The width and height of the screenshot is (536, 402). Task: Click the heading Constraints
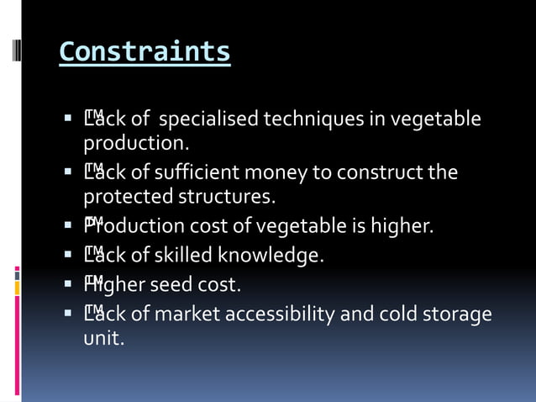(x=145, y=52)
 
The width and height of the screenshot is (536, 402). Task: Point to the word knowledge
(x=271, y=255)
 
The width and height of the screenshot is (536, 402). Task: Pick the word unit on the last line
(x=102, y=339)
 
